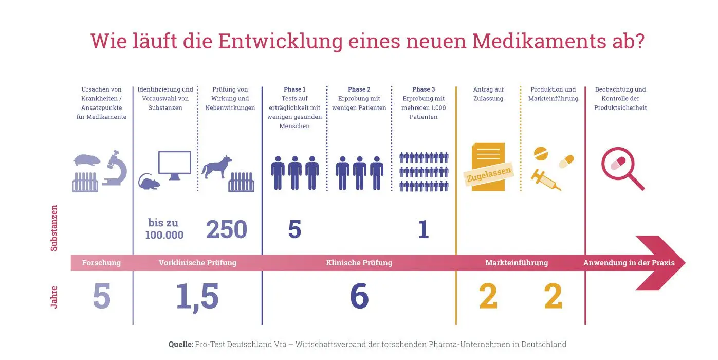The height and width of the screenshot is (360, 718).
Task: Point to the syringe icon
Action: [x=546, y=180]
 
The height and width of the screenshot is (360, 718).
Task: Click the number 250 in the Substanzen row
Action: [x=227, y=229]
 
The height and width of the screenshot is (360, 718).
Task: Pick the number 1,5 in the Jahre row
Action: [x=197, y=297]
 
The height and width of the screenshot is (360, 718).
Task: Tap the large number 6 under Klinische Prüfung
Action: [x=359, y=297]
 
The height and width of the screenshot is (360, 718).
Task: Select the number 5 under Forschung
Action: [x=102, y=297]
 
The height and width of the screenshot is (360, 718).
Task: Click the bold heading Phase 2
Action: [x=359, y=89]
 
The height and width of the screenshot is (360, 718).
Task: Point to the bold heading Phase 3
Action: [x=424, y=89]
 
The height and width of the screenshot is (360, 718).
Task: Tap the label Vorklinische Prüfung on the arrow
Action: [x=197, y=263]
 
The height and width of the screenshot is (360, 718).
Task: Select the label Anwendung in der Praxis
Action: [x=629, y=263]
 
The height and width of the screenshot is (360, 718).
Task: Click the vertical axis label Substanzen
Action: [x=54, y=228]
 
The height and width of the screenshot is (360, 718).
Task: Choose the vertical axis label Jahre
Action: [x=54, y=297]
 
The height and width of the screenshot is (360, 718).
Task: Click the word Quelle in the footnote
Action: [x=180, y=344]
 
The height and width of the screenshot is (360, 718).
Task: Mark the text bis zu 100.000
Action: [x=164, y=229]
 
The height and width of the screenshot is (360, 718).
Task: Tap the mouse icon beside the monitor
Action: [x=149, y=181]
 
